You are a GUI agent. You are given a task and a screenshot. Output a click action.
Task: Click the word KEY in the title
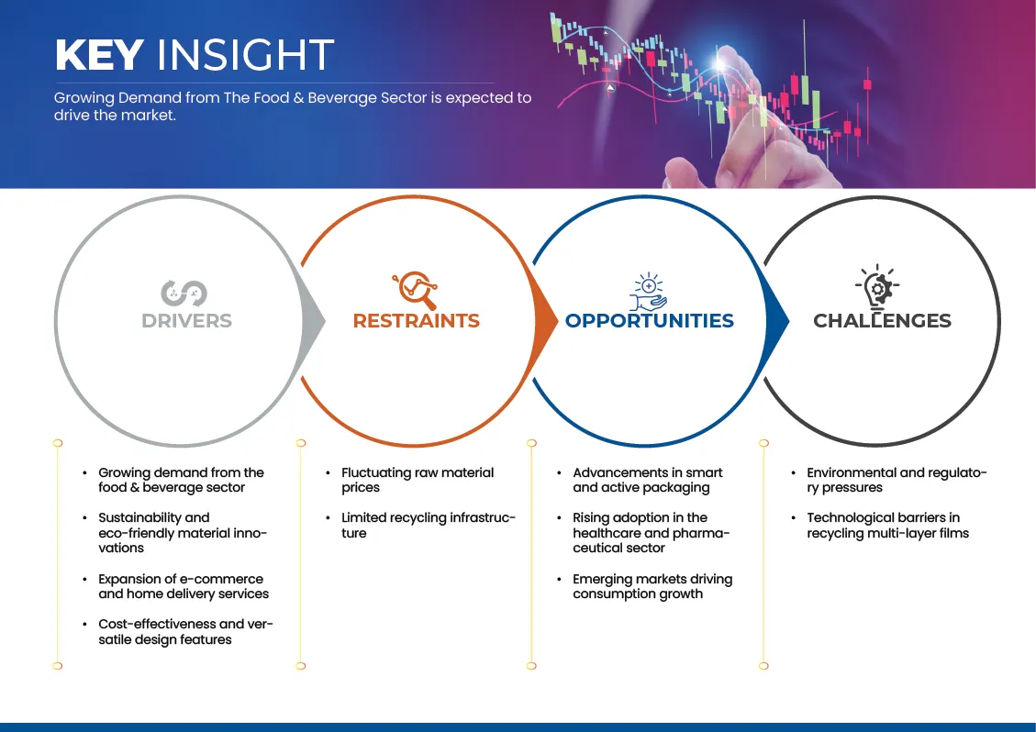pos(99,54)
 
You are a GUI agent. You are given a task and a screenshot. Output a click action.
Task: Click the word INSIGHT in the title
pos(245,54)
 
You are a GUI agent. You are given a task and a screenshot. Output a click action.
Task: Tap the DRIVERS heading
pos(187,320)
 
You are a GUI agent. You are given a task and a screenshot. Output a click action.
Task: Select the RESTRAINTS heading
pos(417,320)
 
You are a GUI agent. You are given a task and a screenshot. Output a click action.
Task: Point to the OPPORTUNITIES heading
pos(650,320)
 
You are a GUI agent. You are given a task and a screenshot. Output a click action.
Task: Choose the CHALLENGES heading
pos(882,320)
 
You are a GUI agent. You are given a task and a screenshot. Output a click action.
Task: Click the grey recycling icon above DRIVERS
pos(184,294)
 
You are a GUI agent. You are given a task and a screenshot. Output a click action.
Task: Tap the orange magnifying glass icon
pos(415,290)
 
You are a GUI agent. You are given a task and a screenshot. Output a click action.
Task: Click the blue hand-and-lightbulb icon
pos(648,292)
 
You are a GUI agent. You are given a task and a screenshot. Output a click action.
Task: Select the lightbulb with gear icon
pos(878,287)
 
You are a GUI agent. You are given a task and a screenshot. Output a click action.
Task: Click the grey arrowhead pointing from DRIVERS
pos(313,321)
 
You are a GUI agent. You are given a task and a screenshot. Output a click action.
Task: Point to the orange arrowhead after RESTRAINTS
pos(545,321)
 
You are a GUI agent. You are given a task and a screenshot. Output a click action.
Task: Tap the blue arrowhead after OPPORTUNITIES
pos(777,321)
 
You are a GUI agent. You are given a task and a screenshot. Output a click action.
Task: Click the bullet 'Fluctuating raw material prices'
pos(418,480)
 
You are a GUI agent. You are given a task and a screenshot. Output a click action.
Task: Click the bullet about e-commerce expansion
pos(184,586)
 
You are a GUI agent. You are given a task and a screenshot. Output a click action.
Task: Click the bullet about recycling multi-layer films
pos(887,526)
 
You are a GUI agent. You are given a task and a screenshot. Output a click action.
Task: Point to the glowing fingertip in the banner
pos(720,62)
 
